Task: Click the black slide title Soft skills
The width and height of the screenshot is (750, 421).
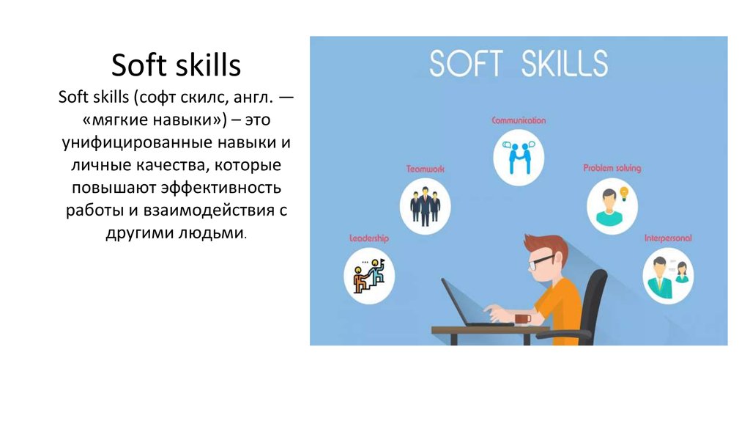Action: [x=176, y=65]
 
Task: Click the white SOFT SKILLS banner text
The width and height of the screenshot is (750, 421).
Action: [x=519, y=63]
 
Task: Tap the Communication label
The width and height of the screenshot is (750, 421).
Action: [x=519, y=120]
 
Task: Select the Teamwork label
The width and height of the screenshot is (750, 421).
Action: [x=426, y=169]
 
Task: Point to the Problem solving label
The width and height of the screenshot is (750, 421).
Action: [x=612, y=168]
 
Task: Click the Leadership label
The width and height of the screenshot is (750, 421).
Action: [x=369, y=238]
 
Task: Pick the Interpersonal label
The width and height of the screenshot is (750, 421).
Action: [x=668, y=238]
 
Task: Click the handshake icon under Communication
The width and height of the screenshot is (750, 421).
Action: [x=519, y=157]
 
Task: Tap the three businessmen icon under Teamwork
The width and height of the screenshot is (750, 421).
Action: [x=426, y=206]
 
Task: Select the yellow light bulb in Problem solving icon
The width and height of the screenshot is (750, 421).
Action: [x=624, y=194]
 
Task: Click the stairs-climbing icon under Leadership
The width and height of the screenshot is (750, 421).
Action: [x=369, y=276]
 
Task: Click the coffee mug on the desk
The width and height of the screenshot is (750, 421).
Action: [x=522, y=318]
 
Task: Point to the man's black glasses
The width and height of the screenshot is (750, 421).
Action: [x=541, y=262]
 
